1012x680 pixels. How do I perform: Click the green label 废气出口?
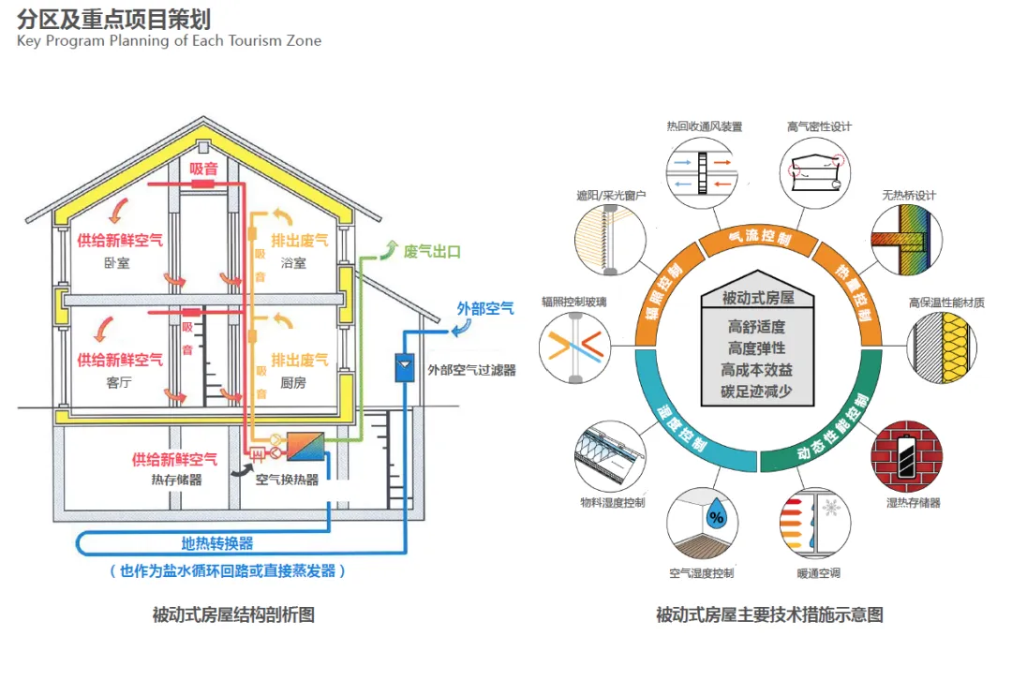pos(432,253)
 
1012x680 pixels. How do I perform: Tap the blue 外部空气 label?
pos(484,307)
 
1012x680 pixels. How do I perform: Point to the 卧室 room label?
pos(117,264)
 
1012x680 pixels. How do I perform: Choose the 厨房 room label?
pos(293,382)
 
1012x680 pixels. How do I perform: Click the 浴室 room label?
pos(293,264)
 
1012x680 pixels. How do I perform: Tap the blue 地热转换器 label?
pos(216,543)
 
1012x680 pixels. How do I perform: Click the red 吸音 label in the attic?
pos(203,169)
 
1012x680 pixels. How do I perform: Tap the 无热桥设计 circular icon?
pos(905,239)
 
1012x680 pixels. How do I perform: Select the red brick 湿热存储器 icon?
pos(905,455)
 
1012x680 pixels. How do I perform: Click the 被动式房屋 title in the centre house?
pos(759,298)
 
